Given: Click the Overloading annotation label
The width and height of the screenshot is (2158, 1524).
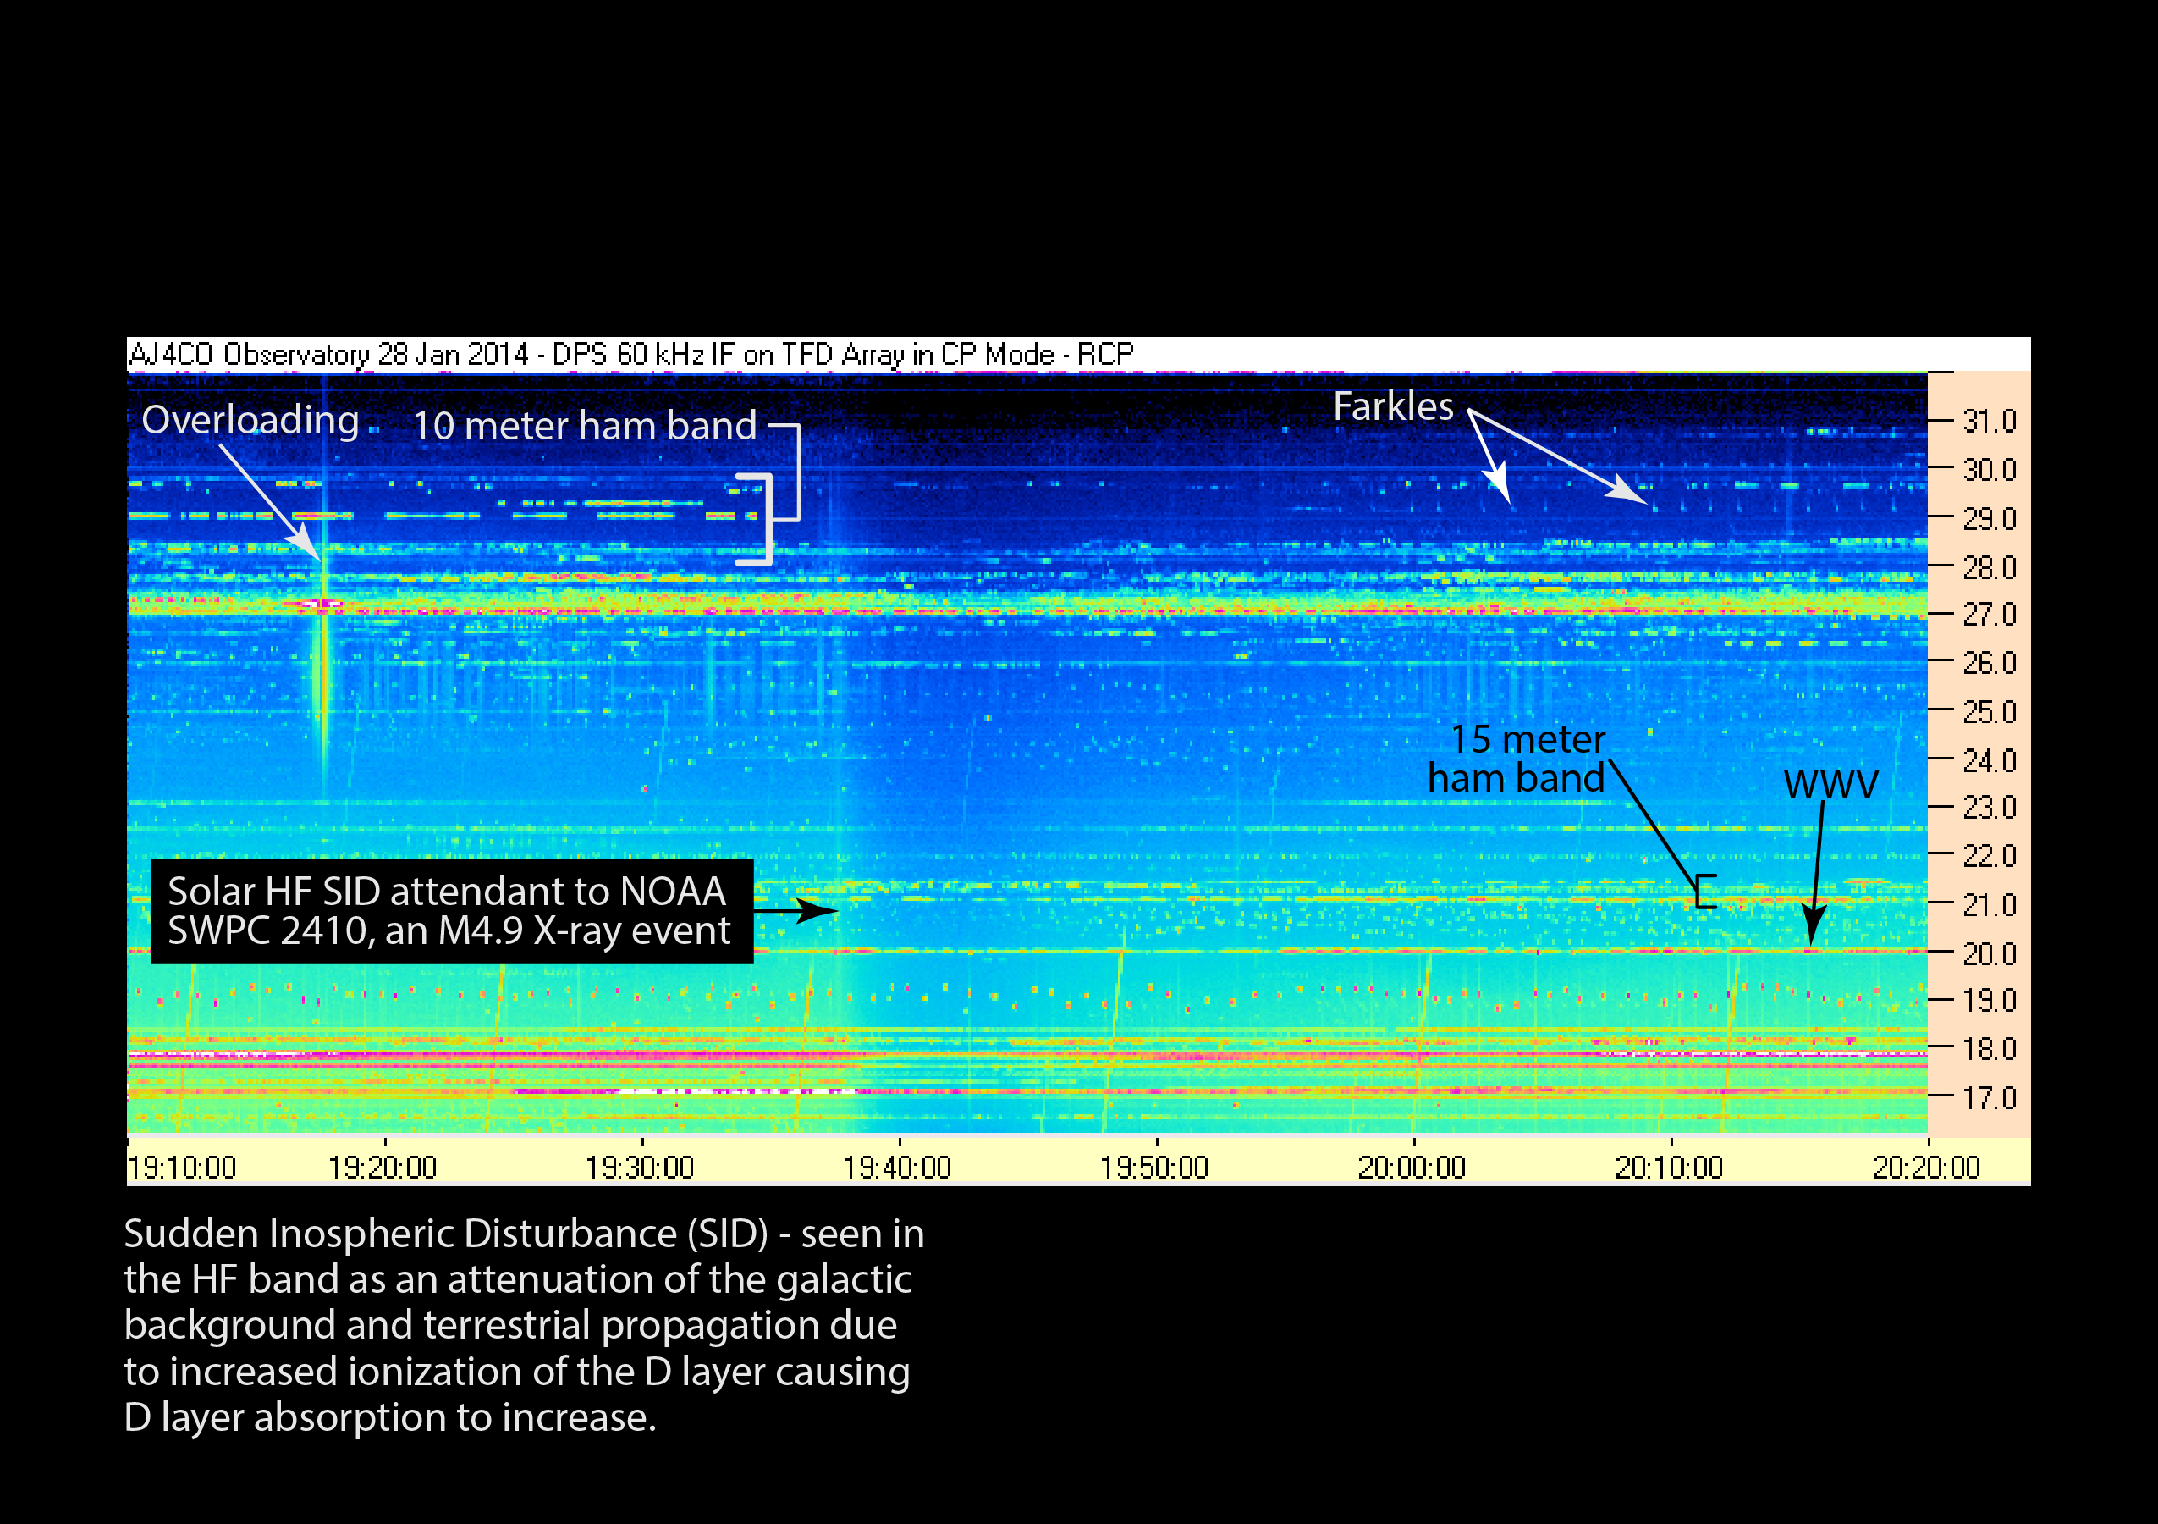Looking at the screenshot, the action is tap(250, 420).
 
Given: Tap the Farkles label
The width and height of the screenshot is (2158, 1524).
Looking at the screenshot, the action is tap(1393, 406).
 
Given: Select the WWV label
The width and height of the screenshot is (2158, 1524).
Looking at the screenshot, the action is tap(1830, 784).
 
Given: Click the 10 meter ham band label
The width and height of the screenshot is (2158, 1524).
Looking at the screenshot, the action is tap(585, 426).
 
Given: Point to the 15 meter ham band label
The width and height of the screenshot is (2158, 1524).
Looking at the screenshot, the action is tap(1516, 759).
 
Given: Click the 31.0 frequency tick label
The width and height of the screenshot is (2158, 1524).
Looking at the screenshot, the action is tap(1989, 421).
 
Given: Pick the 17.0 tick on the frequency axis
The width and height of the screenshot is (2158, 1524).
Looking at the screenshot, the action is tap(1989, 1097).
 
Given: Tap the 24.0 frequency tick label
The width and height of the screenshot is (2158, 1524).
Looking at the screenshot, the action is tap(1989, 759).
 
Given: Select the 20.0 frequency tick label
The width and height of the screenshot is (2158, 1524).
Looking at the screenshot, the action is tap(1989, 953).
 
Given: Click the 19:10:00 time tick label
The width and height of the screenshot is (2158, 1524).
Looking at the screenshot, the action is tap(182, 1168).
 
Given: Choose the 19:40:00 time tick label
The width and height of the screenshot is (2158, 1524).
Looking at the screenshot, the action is tap(898, 1168).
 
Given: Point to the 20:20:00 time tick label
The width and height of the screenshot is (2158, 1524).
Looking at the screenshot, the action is tap(1926, 1168).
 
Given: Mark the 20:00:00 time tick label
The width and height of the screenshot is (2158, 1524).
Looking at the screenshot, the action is tap(1412, 1168).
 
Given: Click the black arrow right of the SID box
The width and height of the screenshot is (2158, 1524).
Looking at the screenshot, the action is tap(795, 910).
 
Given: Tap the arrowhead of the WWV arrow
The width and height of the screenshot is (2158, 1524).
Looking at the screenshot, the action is tap(1812, 927).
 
